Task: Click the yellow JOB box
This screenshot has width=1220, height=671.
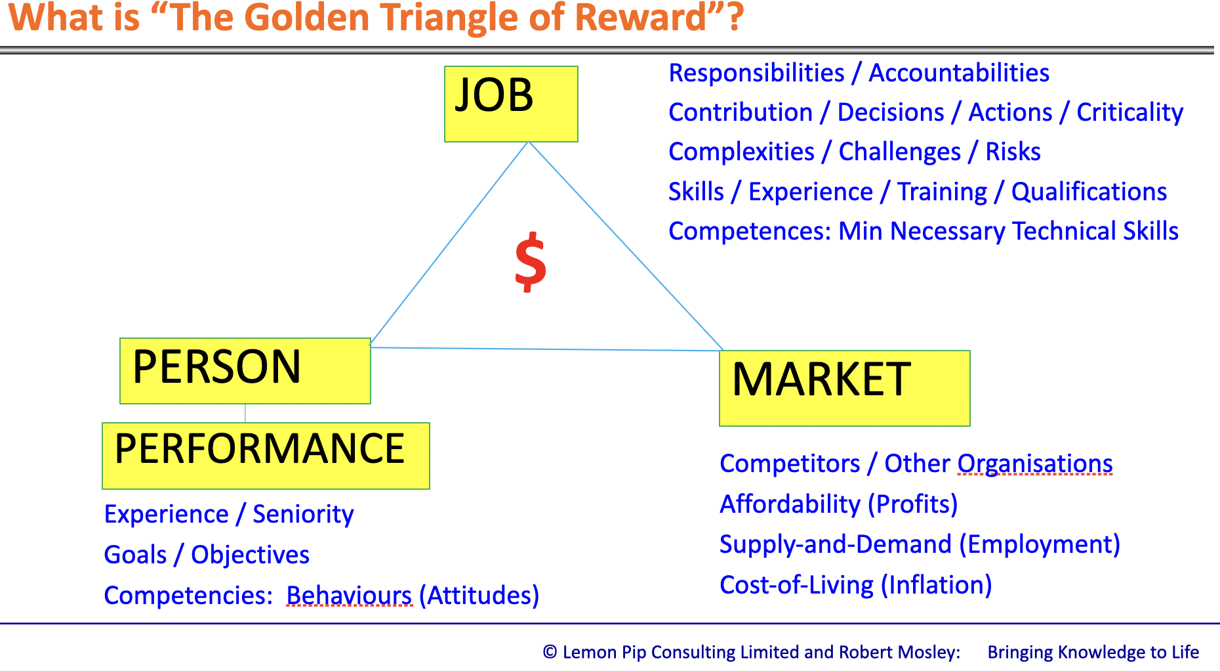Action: pos(511,104)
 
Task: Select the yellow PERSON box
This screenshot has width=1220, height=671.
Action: pos(245,371)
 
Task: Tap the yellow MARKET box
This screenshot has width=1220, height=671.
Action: pos(845,388)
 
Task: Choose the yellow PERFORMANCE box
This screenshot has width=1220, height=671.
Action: pos(266,456)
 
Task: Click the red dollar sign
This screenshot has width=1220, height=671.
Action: pos(531,262)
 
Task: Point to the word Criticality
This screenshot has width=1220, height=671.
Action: pos(1129,113)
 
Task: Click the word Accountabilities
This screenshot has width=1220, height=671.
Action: pos(959,73)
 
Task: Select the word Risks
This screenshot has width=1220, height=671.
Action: pos(1013,152)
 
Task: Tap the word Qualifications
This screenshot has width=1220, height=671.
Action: pos(1089,192)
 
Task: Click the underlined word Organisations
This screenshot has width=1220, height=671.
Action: pos(1035,464)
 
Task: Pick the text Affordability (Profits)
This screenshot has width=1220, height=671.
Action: pos(839,504)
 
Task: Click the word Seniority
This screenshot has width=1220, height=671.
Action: pos(303,514)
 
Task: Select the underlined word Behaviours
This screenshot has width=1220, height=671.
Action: pos(350,595)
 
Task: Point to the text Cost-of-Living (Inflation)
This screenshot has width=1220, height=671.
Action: pos(856,584)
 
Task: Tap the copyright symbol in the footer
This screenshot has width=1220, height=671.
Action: pos(550,652)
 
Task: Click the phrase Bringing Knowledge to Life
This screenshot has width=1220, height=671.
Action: pos(1093,652)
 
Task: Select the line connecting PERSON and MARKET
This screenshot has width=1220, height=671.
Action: pos(546,349)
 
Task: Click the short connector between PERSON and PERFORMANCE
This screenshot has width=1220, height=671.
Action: pos(245,413)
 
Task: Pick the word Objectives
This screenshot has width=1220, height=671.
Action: pos(250,555)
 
